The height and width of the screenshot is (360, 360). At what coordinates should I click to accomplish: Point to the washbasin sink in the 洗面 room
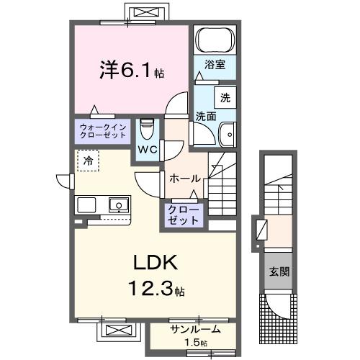[x=228, y=133]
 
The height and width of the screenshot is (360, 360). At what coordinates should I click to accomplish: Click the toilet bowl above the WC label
[x=148, y=129]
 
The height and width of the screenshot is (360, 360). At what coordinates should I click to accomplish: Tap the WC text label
[x=148, y=150]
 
